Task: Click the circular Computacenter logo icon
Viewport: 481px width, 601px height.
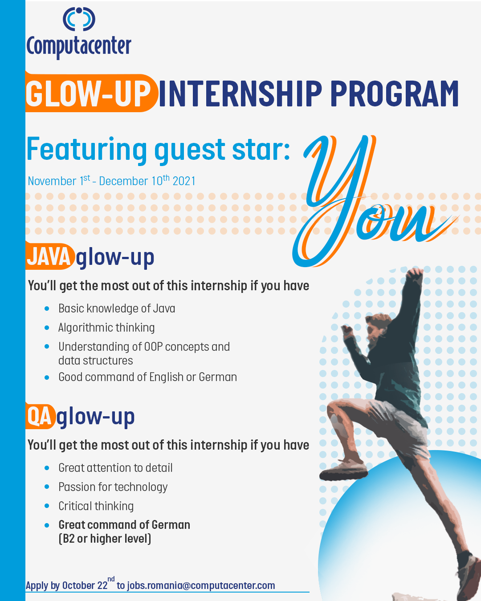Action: tap(79, 19)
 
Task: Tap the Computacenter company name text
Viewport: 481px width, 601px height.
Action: tap(79, 46)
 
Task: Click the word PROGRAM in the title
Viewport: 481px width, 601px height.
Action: tap(395, 93)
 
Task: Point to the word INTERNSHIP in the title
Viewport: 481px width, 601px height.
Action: tap(240, 93)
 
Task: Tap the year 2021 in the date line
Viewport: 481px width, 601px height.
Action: tap(184, 181)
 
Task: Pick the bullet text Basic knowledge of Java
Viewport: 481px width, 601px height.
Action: tap(117, 309)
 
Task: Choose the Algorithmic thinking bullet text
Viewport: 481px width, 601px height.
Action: tap(106, 328)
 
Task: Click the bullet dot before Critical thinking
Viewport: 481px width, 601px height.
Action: tap(47, 506)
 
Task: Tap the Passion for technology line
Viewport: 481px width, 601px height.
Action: tap(113, 487)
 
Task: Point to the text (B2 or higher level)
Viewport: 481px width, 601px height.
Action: tap(105, 538)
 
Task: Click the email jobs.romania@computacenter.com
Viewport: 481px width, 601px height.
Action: tap(201, 585)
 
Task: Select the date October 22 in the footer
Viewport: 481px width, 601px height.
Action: tap(85, 585)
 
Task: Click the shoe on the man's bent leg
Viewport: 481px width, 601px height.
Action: tap(344, 471)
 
